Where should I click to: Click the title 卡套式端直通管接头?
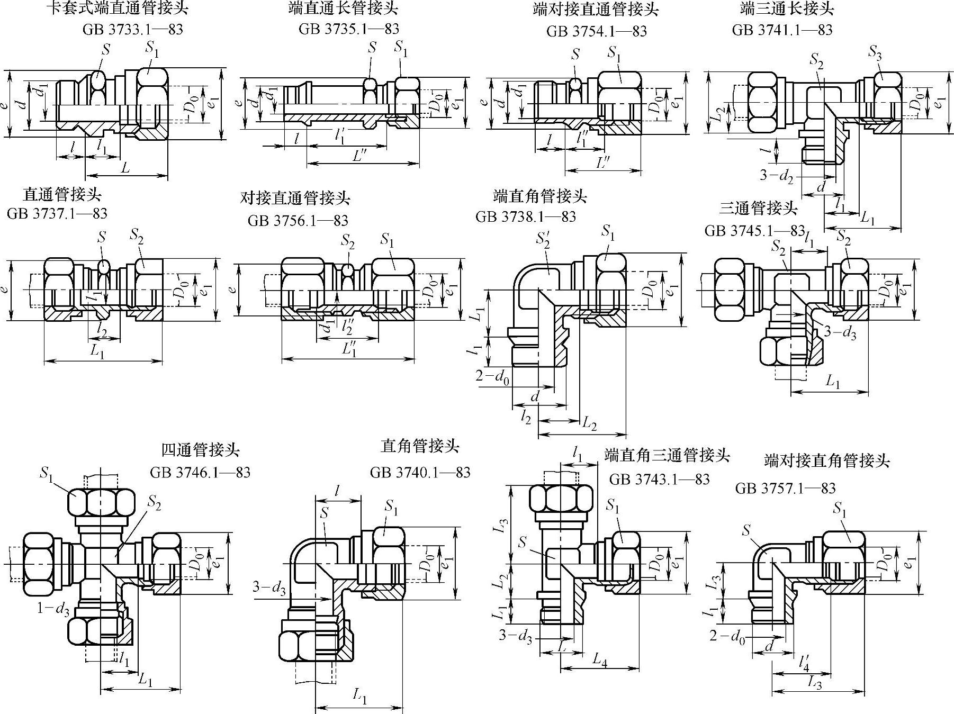(117, 8)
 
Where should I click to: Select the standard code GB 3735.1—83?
(348, 29)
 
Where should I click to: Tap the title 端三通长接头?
(787, 8)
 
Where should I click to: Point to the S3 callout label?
(876, 52)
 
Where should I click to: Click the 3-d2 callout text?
(777, 175)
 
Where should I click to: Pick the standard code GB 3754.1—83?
(597, 31)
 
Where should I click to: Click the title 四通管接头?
(200, 450)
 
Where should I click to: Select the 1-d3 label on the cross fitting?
(53, 609)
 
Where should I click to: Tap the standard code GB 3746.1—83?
(200, 472)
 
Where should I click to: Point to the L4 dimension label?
(599, 659)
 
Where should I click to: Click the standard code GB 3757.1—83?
(785, 488)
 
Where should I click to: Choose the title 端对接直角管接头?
(827, 460)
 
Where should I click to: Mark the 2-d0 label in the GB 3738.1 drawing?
(492, 377)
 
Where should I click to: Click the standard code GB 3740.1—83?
(420, 472)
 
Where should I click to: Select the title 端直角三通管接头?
(667, 455)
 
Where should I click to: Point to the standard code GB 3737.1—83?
(57, 214)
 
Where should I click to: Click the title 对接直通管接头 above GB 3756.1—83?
(295, 198)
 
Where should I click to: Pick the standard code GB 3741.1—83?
(782, 30)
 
